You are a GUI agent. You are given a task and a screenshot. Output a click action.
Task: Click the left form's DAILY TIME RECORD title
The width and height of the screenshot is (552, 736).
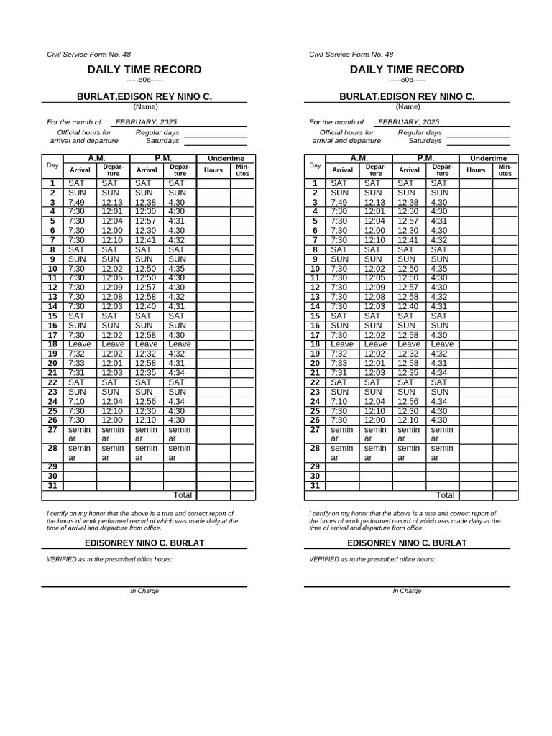144,70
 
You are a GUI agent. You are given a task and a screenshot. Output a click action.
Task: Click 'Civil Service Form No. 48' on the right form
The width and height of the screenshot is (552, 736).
351,55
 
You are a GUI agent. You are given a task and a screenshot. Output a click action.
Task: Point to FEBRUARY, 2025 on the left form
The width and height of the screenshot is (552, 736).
146,122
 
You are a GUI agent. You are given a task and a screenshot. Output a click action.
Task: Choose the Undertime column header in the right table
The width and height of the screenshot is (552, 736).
488,158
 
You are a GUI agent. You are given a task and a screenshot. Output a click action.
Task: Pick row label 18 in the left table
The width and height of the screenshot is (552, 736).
52,344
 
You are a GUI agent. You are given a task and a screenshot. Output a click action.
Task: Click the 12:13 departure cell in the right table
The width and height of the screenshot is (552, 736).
374,203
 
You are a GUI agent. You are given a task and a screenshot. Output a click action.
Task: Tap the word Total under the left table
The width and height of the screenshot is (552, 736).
183,495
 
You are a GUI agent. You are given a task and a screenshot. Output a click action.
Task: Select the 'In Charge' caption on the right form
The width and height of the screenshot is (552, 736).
407,591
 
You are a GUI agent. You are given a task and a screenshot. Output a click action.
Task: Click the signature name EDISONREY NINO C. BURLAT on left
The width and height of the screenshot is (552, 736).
144,543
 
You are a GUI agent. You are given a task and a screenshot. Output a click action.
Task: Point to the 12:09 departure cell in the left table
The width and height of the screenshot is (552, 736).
112,287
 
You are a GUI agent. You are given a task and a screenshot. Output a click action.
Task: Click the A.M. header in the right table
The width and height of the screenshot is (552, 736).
359,158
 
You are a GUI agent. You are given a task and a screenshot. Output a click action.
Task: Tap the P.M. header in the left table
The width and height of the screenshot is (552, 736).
162,158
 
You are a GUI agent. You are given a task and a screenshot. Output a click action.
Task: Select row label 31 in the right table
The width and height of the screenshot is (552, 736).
314,486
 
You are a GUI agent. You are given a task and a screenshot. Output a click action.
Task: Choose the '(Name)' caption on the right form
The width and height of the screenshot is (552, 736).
407,106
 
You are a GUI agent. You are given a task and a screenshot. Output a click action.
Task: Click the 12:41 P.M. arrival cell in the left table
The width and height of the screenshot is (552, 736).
145,240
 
